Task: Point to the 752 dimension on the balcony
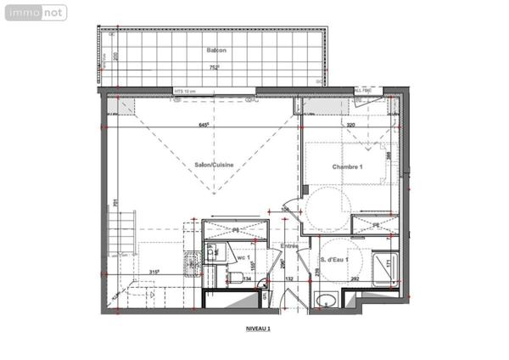tap(215, 67)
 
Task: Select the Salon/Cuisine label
tap(214, 166)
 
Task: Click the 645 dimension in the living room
tap(204, 126)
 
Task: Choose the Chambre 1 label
tap(347, 166)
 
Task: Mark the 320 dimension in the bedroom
tap(350, 126)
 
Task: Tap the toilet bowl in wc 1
tap(235, 278)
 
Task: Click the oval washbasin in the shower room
tap(327, 300)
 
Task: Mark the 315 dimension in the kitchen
tap(154, 272)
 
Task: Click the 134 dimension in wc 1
tap(248, 278)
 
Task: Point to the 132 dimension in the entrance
tap(288, 278)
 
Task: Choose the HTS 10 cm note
tap(185, 90)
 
